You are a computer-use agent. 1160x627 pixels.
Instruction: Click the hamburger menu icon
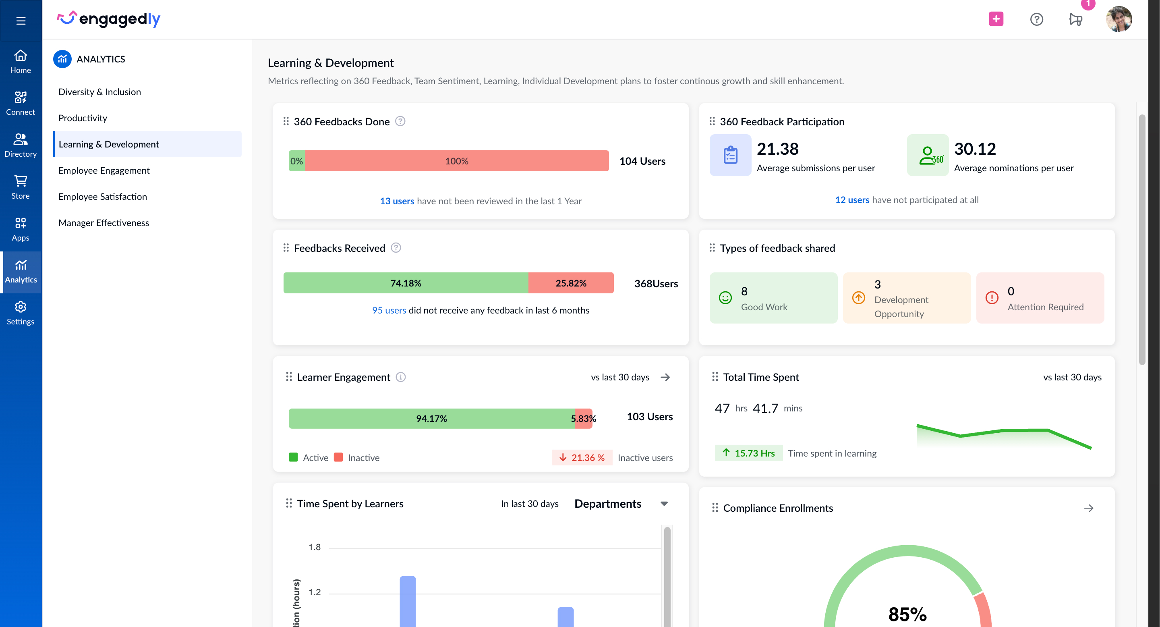click(21, 20)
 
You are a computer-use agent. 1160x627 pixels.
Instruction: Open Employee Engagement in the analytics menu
click(104, 170)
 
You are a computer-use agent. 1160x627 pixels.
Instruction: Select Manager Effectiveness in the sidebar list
click(104, 222)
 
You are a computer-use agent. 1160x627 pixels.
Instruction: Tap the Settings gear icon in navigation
click(21, 307)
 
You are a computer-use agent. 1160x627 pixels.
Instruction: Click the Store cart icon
click(21, 181)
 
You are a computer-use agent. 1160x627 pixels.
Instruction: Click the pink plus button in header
click(996, 19)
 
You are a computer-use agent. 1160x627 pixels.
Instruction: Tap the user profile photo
click(1119, 19)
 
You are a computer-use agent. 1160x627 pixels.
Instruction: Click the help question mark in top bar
click(1037, 19)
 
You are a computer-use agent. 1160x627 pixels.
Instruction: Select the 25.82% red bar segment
click(571, 283)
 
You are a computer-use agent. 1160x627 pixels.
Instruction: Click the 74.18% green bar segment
click(405, 283)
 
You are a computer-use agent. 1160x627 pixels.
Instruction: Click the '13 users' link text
click(397, 201)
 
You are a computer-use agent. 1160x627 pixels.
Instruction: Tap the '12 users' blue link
click(852, 199)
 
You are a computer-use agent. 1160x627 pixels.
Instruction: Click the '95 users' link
click(389, 310)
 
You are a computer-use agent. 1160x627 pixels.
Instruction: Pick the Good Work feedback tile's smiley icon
click(725, 298)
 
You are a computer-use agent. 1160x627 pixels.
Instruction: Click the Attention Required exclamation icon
click(992, 298)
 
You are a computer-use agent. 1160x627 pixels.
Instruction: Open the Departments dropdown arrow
click(664, 504)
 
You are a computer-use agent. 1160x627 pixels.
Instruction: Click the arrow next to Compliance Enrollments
click(1088, 508)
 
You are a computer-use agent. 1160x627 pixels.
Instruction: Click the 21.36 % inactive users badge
click(582, 457)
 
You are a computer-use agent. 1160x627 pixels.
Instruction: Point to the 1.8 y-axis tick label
click(314, 547)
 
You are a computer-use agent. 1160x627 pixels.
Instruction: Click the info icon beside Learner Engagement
click(401, 377)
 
